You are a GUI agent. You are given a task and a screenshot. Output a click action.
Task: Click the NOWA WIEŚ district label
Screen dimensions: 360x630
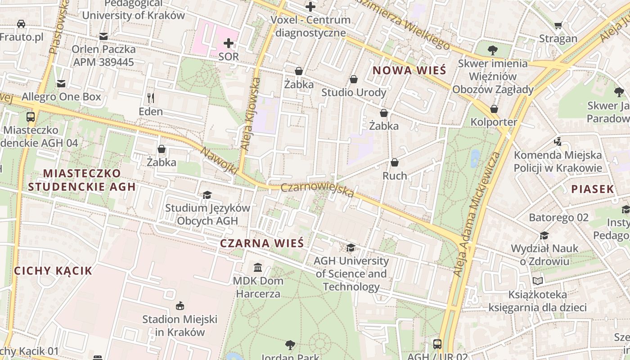coord(409,71)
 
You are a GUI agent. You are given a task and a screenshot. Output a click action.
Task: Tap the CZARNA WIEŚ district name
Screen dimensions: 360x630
coord(261,243)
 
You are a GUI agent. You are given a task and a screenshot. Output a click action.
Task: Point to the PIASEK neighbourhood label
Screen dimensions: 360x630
coord(593,189)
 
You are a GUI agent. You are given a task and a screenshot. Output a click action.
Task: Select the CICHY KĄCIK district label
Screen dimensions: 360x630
coord(53,271)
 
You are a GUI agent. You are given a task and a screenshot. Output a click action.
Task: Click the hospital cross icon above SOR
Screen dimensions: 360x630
coord(229,43)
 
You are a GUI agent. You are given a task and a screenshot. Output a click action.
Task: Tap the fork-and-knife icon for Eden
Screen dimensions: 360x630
coord(151,97)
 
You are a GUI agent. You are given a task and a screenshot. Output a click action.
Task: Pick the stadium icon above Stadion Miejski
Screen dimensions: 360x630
coord(180,306)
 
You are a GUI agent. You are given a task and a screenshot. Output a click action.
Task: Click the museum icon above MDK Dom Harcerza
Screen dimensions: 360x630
coord(258,267)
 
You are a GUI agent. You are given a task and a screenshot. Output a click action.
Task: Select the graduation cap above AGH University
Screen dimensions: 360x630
coord(351,247)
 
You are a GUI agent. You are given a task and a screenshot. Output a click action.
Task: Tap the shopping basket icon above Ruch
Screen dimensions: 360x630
coord(395,162)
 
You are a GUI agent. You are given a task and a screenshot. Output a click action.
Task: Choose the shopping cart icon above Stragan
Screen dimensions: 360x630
coord(558,25)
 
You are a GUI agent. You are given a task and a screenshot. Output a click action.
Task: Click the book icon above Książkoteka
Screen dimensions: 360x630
coord(538,281)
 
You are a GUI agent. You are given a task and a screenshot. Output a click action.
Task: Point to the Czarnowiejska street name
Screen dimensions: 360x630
coord(318,190)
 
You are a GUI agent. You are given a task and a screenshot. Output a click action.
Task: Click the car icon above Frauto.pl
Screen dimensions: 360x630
coord(21,23)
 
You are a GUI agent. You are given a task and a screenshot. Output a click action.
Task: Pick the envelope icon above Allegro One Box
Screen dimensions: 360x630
coord(61,83)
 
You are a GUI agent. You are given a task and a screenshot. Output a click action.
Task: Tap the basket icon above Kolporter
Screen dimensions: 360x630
coord(494,109)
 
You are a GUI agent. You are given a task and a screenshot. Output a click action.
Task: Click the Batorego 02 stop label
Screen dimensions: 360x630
coord(558,218)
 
